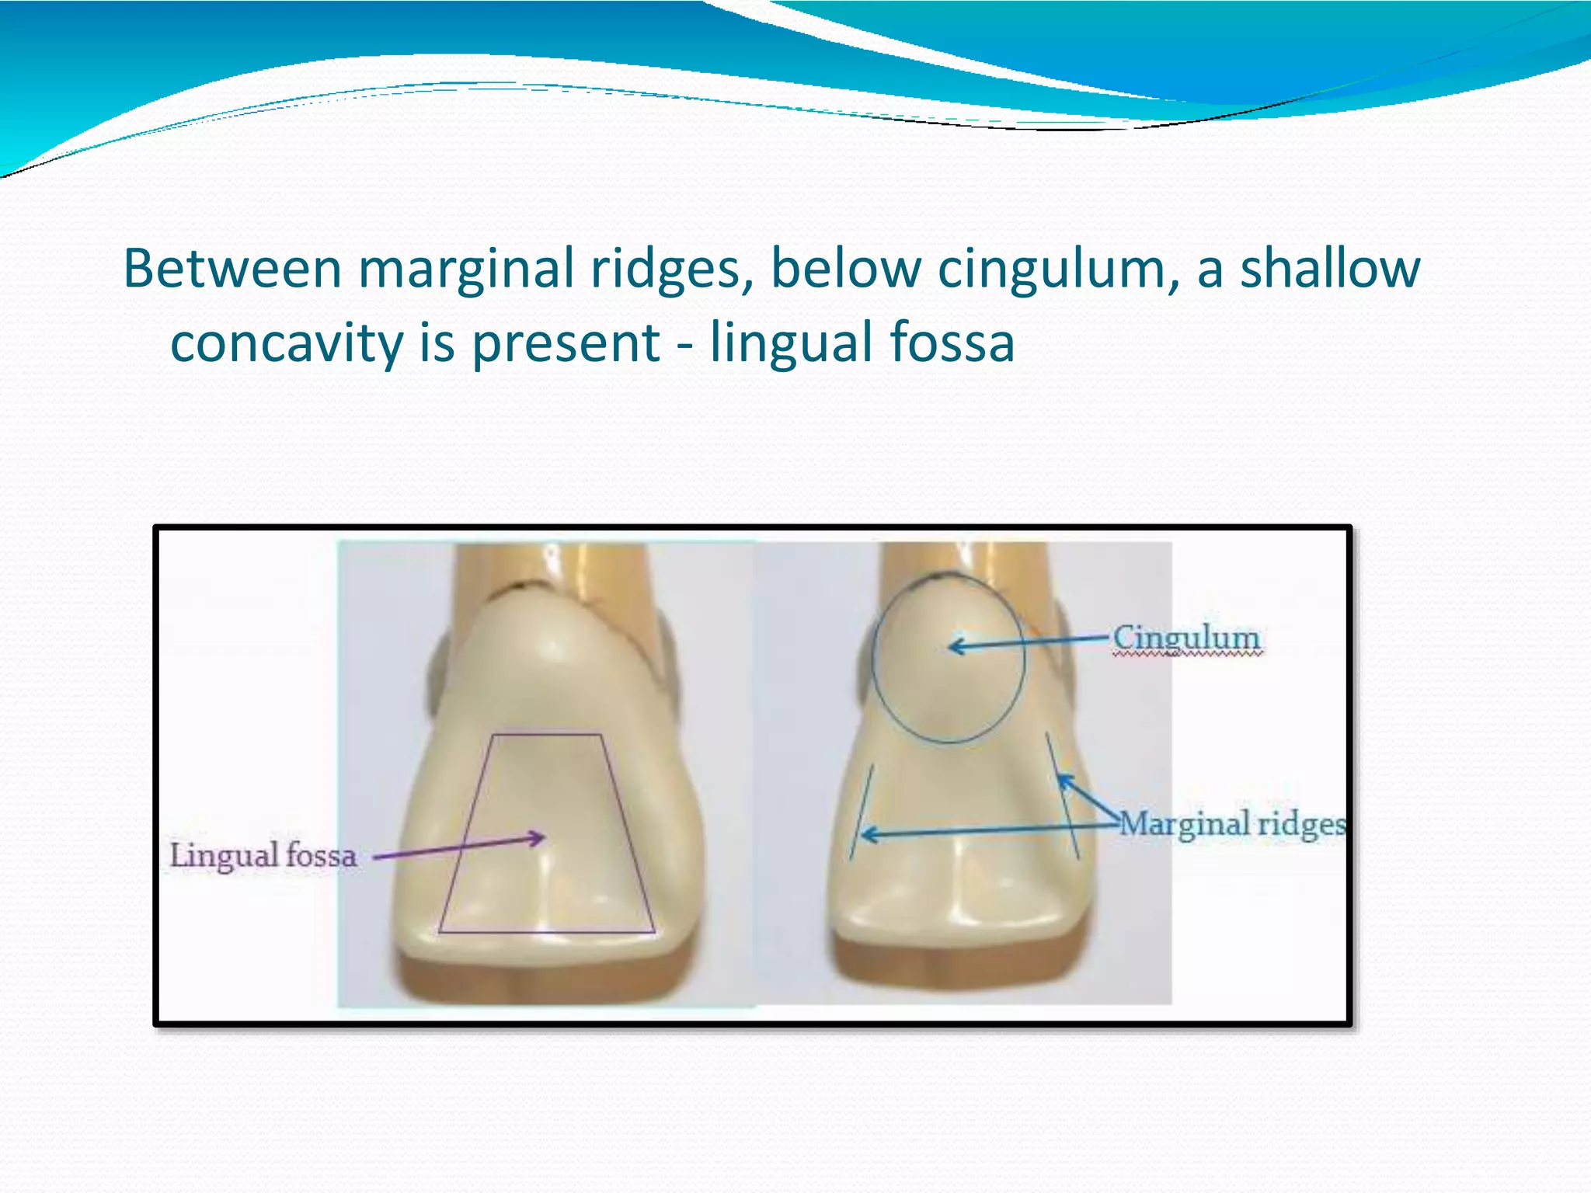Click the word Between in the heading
point(232,268)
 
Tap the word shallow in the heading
point(1329,268)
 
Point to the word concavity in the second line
point(286,343)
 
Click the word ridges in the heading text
point(670,270)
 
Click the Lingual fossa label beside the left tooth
point(263,855)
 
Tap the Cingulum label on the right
point(1185,638)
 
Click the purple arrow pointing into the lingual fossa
point(458,847)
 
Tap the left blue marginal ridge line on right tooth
point(862,812)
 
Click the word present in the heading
point(566,343)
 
